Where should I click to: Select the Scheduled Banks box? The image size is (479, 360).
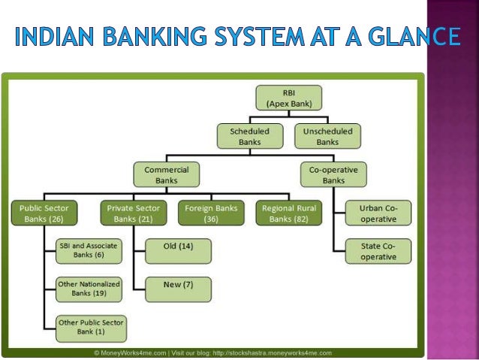pyautogui.click(x=249, y=136)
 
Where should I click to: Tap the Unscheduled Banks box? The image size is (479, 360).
pyautogui.click(x=327, y=136)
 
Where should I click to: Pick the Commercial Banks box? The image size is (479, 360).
pyautogui.click(x=167, y=175)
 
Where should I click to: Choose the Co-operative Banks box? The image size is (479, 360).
pyautogui.click(x=333, y=175)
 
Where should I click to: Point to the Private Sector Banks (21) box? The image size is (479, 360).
pyautogui.click(x=133, y=213)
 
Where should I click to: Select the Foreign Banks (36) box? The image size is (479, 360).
pyautogui.click(x=210, y=213)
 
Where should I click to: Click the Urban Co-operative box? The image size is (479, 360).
pyautogui.click(x=379, y=213)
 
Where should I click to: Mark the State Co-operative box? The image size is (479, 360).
pyautogui.click(x=379, y=251)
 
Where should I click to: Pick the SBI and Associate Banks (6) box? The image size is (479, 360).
pyautogui.click(x=89, y=250)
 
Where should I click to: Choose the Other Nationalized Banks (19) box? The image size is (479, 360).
pyautogui.click(x=89, y=289)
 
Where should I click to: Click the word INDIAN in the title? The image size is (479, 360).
pyautogui.click(x=52, y=36)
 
